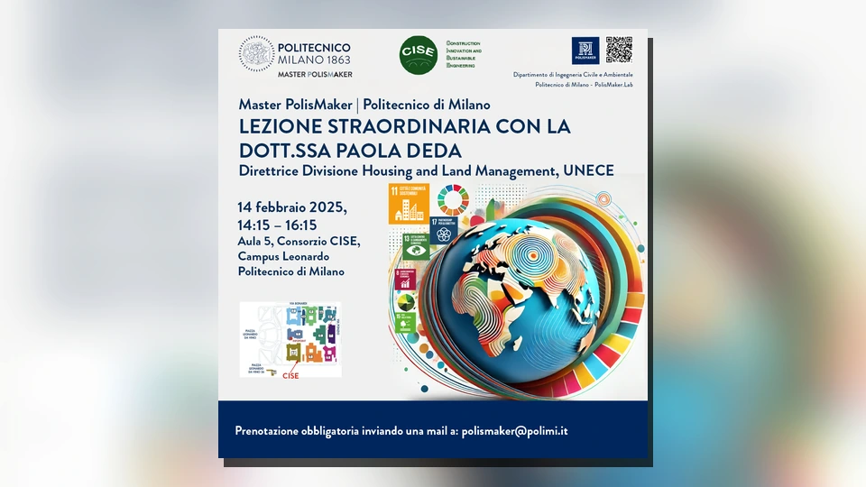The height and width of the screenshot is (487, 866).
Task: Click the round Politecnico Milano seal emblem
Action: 256,54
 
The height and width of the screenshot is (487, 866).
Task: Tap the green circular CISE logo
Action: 419,55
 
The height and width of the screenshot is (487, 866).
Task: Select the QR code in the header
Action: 619,50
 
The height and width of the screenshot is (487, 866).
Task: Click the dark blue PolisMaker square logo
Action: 585,51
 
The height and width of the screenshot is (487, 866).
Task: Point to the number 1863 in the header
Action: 334,60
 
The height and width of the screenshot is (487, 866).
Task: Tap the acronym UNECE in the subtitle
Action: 587,170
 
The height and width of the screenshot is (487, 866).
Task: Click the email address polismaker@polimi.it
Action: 514,431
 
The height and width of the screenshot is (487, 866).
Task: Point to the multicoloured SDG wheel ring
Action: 453,200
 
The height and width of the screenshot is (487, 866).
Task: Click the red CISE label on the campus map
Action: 290,375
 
